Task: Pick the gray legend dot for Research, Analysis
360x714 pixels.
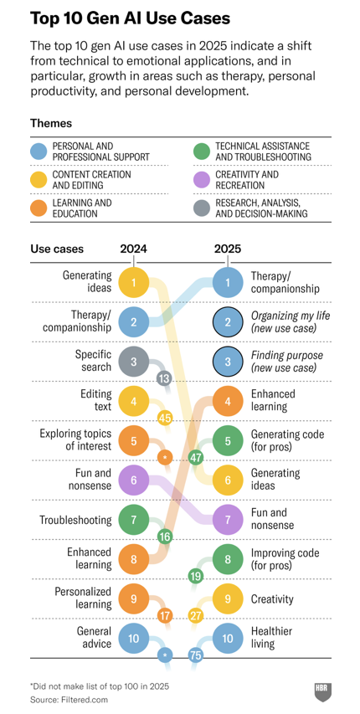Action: pyautogui.click(x=202, y=208)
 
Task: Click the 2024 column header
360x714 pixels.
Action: pyautogui.click(x=133, y=249)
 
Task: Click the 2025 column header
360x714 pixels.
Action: pyautogui.click(x=227, y=249)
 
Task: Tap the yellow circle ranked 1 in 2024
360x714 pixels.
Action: pyautogui.click(x=133, y=282)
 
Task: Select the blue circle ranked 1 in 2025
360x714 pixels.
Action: pyautogui.click(x=227, y=282)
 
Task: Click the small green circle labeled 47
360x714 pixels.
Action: pyautogui.click(x=196, y=457)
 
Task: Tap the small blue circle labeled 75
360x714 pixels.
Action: pyautogui.click(x=196, y=655)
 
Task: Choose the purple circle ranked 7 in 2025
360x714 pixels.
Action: pyautogui.click(x=227, y=520)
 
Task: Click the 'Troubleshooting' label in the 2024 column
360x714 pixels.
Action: pyautogui.click(x=75, y=520)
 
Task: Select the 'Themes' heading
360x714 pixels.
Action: pyautogui.click(x=51, y=123)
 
